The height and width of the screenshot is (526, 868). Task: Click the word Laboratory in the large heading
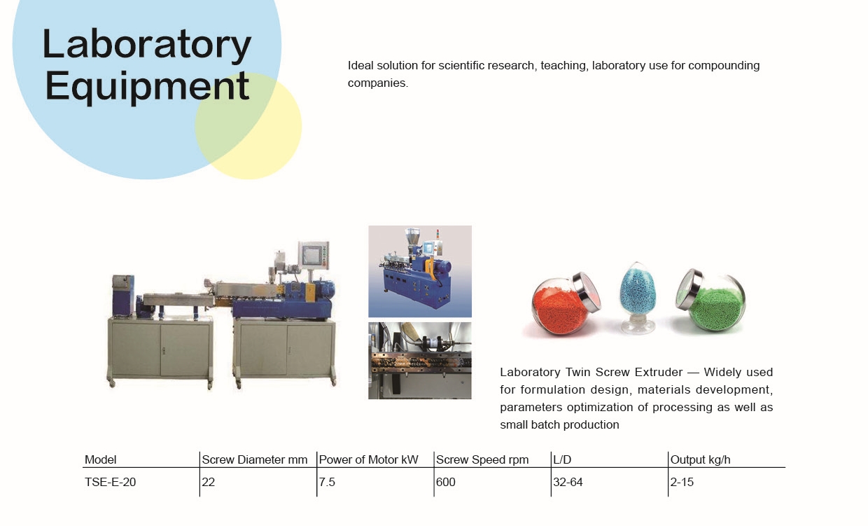tap(147, 46)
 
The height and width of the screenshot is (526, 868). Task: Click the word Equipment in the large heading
tap(147, 87)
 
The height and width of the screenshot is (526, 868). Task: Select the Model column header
tap(100, 459)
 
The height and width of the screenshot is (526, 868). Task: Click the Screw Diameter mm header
tap(255, 459)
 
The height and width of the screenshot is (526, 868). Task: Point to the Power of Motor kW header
tap(368, 459)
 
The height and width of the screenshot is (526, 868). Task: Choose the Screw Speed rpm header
tap(482, 459)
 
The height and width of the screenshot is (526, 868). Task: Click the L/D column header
tap(562, 459)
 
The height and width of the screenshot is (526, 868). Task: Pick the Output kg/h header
tap(700, 459)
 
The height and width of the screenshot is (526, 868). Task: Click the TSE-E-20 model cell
tap(111, 482)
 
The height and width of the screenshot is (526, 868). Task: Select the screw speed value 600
tap(446, 482)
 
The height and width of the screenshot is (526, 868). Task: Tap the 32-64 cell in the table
tap(568, 482)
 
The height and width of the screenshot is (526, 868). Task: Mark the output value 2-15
tap(682, 482)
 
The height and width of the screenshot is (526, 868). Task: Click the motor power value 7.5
tap(327, 482)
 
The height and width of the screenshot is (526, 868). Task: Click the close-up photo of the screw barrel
tap(420, 361)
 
